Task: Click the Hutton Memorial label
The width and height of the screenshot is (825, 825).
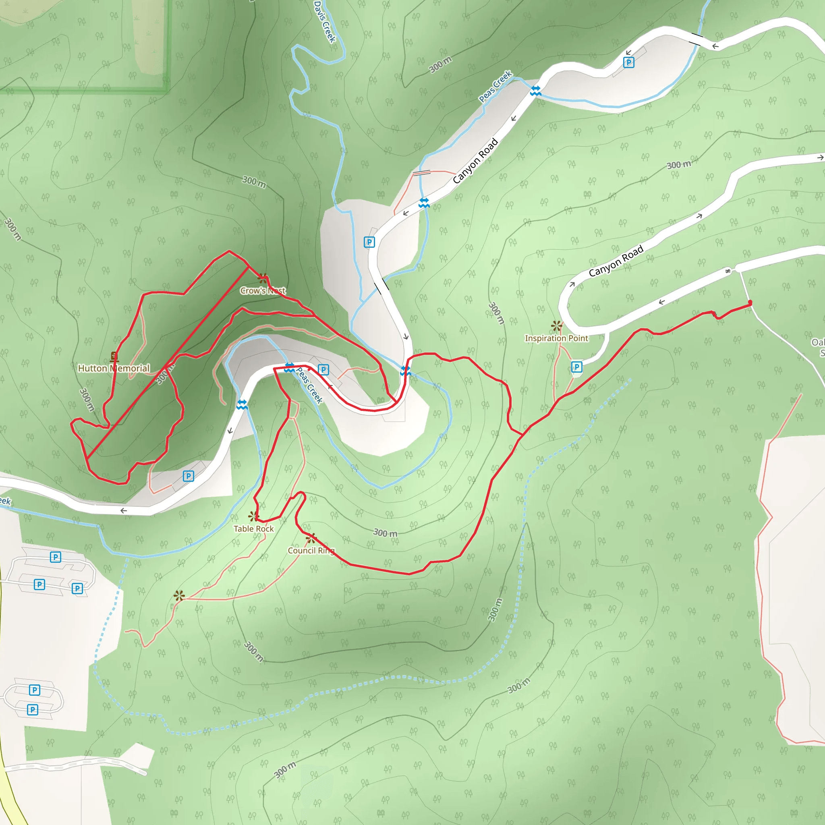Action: (114, 368)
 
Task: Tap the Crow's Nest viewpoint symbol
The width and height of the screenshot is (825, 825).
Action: (263, 278)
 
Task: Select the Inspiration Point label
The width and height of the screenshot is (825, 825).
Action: (556, 338)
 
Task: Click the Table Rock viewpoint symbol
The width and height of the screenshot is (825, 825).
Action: (254, 516)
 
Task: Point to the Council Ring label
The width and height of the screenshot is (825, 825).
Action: (311, 550)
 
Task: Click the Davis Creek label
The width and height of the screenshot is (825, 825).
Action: (325, 21)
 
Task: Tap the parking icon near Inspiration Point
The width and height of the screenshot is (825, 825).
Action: (576, 367)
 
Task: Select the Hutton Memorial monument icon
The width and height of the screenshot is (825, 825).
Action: (114, 357)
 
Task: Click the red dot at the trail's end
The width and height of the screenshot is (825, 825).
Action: (750, 303)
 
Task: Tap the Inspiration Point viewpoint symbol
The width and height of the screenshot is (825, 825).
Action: (556, 326)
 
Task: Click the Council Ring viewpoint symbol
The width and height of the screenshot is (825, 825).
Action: (311, 538)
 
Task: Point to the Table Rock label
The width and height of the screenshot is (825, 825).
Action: (254, 529)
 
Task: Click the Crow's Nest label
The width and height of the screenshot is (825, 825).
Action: (263, 291)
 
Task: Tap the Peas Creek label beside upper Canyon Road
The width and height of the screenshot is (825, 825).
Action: (495, 86)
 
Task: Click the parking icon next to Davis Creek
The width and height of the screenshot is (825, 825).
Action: (369, 242)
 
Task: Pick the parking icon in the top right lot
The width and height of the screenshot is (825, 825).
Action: (628, 63)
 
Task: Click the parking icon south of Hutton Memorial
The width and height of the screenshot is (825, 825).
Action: (188, 476)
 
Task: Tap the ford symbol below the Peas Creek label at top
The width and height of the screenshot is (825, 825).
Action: (535, 91)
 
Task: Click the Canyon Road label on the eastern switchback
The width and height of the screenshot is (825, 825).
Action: (616, 261)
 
